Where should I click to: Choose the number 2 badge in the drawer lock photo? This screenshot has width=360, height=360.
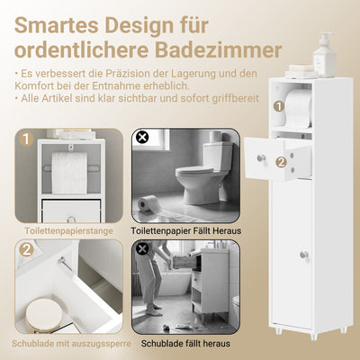27,251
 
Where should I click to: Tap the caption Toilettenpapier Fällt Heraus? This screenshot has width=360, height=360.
184,231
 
